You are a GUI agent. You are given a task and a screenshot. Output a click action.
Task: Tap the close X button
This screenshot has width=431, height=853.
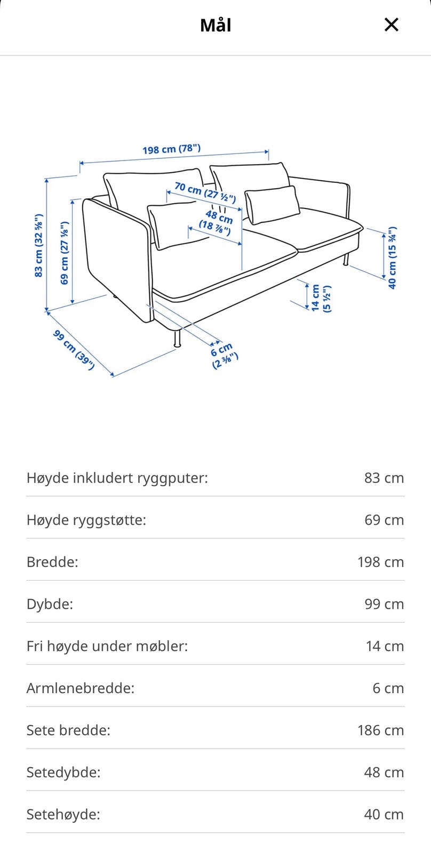pos(391,25)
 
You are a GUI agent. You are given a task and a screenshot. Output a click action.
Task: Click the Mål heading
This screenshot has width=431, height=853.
pos(215,25)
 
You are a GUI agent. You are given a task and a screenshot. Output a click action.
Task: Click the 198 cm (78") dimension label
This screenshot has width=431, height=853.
pos(171,149)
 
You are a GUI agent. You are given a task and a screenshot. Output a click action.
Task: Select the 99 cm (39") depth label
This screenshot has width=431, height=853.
pos(74,349)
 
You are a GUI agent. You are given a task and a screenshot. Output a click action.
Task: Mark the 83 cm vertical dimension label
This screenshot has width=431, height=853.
pos(38,245)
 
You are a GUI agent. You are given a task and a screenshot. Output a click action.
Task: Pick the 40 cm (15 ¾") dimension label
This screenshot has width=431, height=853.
pos(392,257)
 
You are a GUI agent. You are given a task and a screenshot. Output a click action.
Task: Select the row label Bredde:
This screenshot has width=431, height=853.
pos(52,562)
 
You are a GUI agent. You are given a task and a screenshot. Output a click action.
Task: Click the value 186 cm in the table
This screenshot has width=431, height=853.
pos(380,730)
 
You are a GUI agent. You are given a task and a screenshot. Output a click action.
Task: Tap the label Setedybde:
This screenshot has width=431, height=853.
pos(63,772)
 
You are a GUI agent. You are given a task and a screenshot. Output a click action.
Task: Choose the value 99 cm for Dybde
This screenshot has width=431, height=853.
pos(384,604)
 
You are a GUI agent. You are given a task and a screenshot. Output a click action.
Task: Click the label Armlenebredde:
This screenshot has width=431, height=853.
pos(81,688)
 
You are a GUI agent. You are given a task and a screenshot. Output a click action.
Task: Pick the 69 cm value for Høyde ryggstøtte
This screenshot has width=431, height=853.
pos(384,520)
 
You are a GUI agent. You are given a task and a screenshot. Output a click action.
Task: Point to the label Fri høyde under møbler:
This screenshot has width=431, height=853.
pos(107,646)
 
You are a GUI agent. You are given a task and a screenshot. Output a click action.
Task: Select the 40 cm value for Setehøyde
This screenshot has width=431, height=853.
pos(384,815)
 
